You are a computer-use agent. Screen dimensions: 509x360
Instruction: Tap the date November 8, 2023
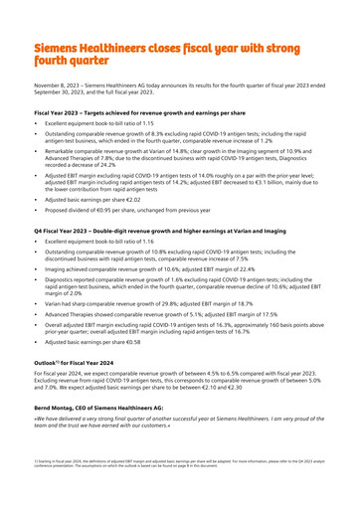tap(56, 89)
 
